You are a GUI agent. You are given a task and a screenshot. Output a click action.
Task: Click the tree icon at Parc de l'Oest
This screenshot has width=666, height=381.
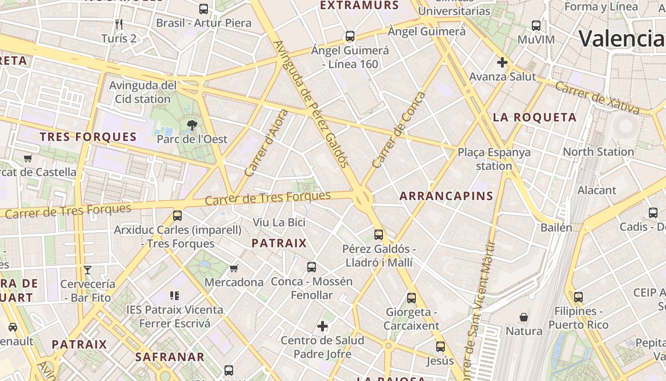192,126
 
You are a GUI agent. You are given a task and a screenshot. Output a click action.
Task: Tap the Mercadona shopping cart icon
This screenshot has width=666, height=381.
234,269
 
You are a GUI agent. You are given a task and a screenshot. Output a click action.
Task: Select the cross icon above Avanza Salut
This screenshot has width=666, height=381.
502,62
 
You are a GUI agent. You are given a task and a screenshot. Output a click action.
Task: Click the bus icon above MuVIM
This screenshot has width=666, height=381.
536,26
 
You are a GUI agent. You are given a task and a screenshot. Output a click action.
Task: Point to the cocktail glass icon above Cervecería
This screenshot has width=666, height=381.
88,270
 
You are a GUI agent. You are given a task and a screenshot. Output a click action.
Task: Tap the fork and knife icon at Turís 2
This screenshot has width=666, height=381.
119,24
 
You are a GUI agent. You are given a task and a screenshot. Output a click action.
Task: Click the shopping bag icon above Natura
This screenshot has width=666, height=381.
524,317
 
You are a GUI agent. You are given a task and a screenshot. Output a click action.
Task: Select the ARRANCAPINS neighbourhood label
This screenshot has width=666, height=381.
446,196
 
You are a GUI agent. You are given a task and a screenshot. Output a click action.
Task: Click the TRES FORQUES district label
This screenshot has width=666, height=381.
88,137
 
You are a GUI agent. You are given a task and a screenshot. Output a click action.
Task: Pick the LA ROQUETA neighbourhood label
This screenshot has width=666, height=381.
535,117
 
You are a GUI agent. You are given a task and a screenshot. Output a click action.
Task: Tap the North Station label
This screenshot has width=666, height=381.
598,152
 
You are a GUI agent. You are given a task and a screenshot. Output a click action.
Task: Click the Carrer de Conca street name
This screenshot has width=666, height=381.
399,130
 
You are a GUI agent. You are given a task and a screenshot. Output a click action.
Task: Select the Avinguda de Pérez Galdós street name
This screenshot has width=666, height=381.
312,104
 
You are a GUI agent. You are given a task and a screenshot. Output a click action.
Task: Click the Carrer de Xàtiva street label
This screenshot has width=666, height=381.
597,98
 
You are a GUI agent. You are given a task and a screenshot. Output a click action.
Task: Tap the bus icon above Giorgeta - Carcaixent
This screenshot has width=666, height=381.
411,298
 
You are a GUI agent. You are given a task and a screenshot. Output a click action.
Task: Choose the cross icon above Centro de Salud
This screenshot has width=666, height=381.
323,326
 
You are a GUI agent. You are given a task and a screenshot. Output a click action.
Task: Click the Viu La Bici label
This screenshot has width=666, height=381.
279,222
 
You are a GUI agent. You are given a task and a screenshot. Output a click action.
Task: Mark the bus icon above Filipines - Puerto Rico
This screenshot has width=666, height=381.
578,297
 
